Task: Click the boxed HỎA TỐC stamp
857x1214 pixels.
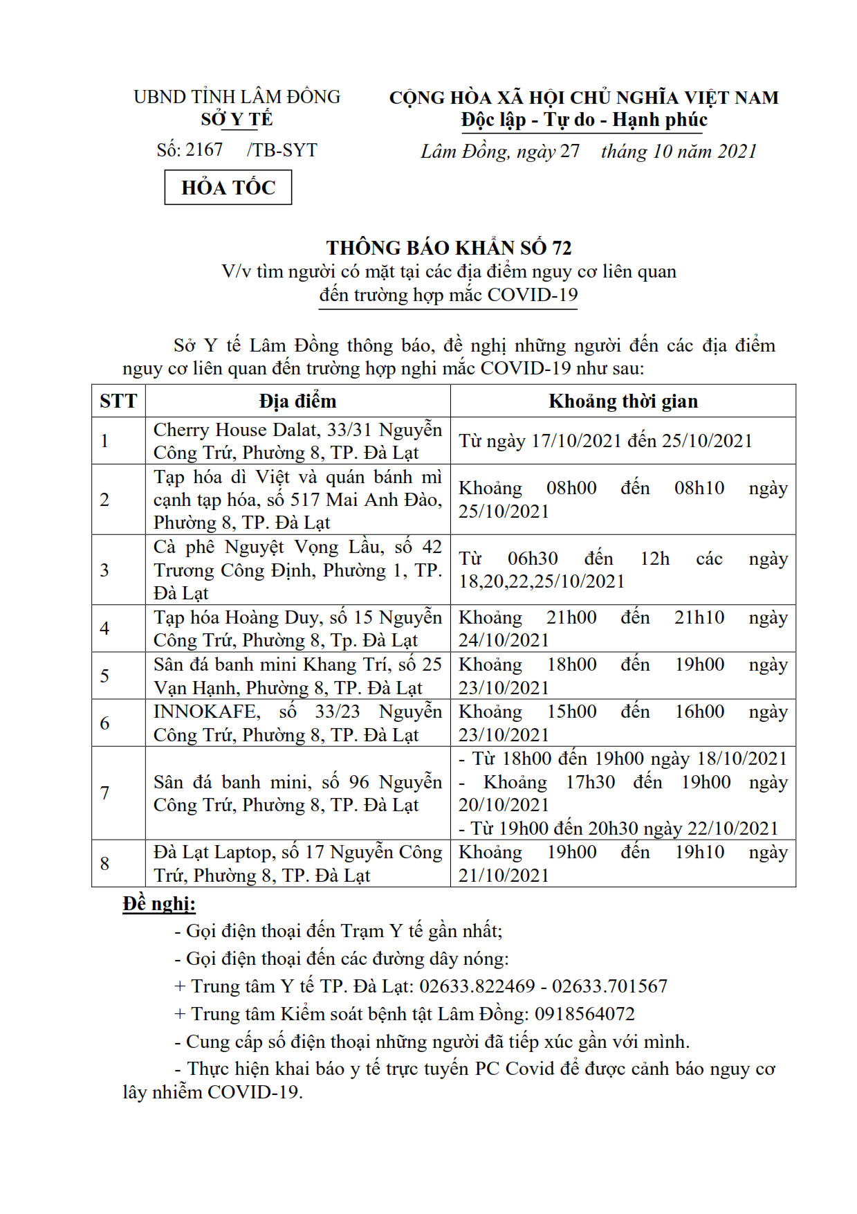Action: click(228, 188)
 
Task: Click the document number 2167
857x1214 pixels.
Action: click(204, 150)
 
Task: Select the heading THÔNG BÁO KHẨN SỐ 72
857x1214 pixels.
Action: click(449, 248)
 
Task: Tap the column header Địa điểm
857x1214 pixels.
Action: click(297, 401)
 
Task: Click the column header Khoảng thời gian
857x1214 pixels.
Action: click(623, 401)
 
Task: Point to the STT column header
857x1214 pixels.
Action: click(118, 401)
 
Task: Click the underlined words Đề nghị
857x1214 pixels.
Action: click(158, 904)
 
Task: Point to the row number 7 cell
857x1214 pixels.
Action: click(104, 792)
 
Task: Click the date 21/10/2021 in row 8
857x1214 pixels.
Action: click(504, 876)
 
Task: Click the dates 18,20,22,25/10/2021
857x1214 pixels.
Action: click(542, 581)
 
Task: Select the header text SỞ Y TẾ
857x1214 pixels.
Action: click(237, 119)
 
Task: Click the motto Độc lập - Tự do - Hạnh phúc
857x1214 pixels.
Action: click(584, 120)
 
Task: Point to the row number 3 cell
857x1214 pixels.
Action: click(104, 570)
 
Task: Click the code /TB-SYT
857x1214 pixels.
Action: click(282, 150)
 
